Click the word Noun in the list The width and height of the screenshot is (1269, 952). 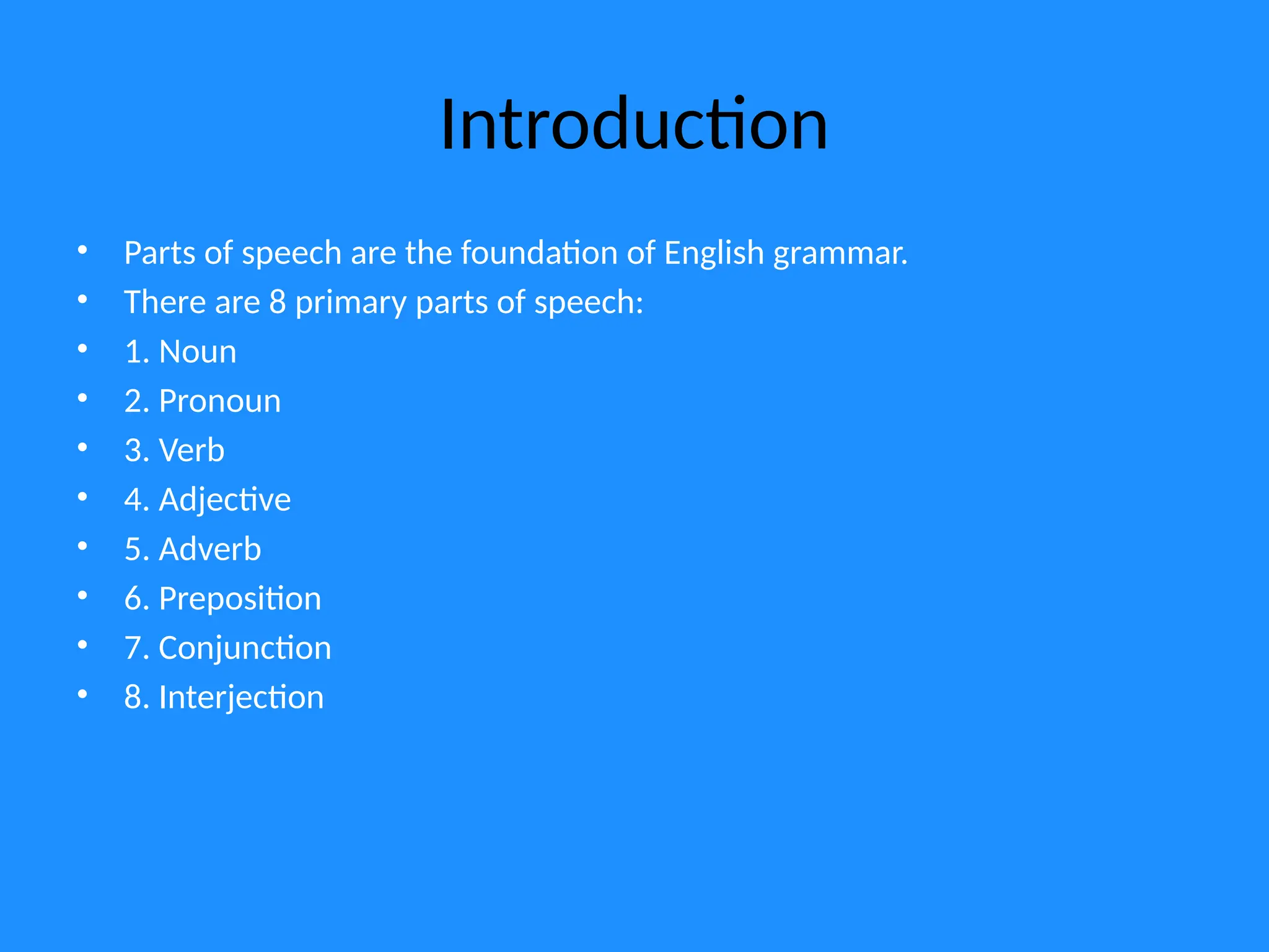pos(198,352)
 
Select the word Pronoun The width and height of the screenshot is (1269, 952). pos(220,402)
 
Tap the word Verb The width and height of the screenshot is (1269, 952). pos(191,451)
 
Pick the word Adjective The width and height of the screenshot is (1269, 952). pos(225,500)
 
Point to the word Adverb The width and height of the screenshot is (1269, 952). pos(210,550)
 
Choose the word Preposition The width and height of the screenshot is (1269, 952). pos(240,599)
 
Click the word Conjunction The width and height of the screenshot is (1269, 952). pos(245,648)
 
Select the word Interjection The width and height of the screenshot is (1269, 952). pos(241,698)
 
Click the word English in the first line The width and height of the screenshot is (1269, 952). pos(714,253)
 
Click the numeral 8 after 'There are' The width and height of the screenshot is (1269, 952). pos(278,302)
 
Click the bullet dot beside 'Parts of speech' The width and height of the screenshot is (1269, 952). pos(82,250)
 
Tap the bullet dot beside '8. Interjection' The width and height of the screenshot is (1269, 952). pos(82,694)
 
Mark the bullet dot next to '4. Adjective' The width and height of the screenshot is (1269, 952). pos(82,496)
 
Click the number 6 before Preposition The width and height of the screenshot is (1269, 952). pos(133,599)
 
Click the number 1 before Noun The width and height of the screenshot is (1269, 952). pos(133,352)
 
